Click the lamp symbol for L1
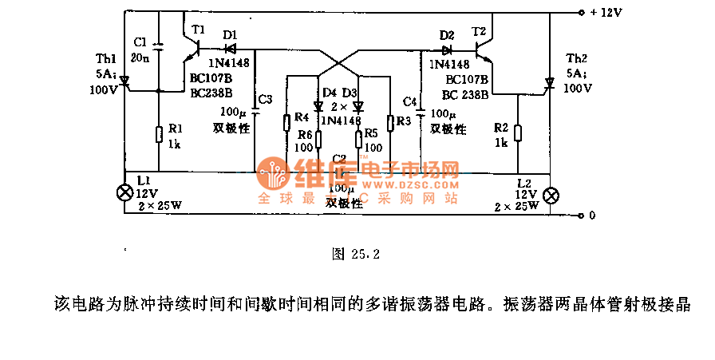click(124, 193)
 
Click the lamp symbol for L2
click(551, 196)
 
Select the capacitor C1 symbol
click(158, 47)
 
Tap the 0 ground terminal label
click(591, 216)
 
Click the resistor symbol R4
click(286, 122)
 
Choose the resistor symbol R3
click(389, 122)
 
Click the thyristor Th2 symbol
click(549, 84)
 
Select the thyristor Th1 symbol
click(124, 84)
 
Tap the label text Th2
click(575, 61)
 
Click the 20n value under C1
click(140, 57)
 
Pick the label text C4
click(410, 102)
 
